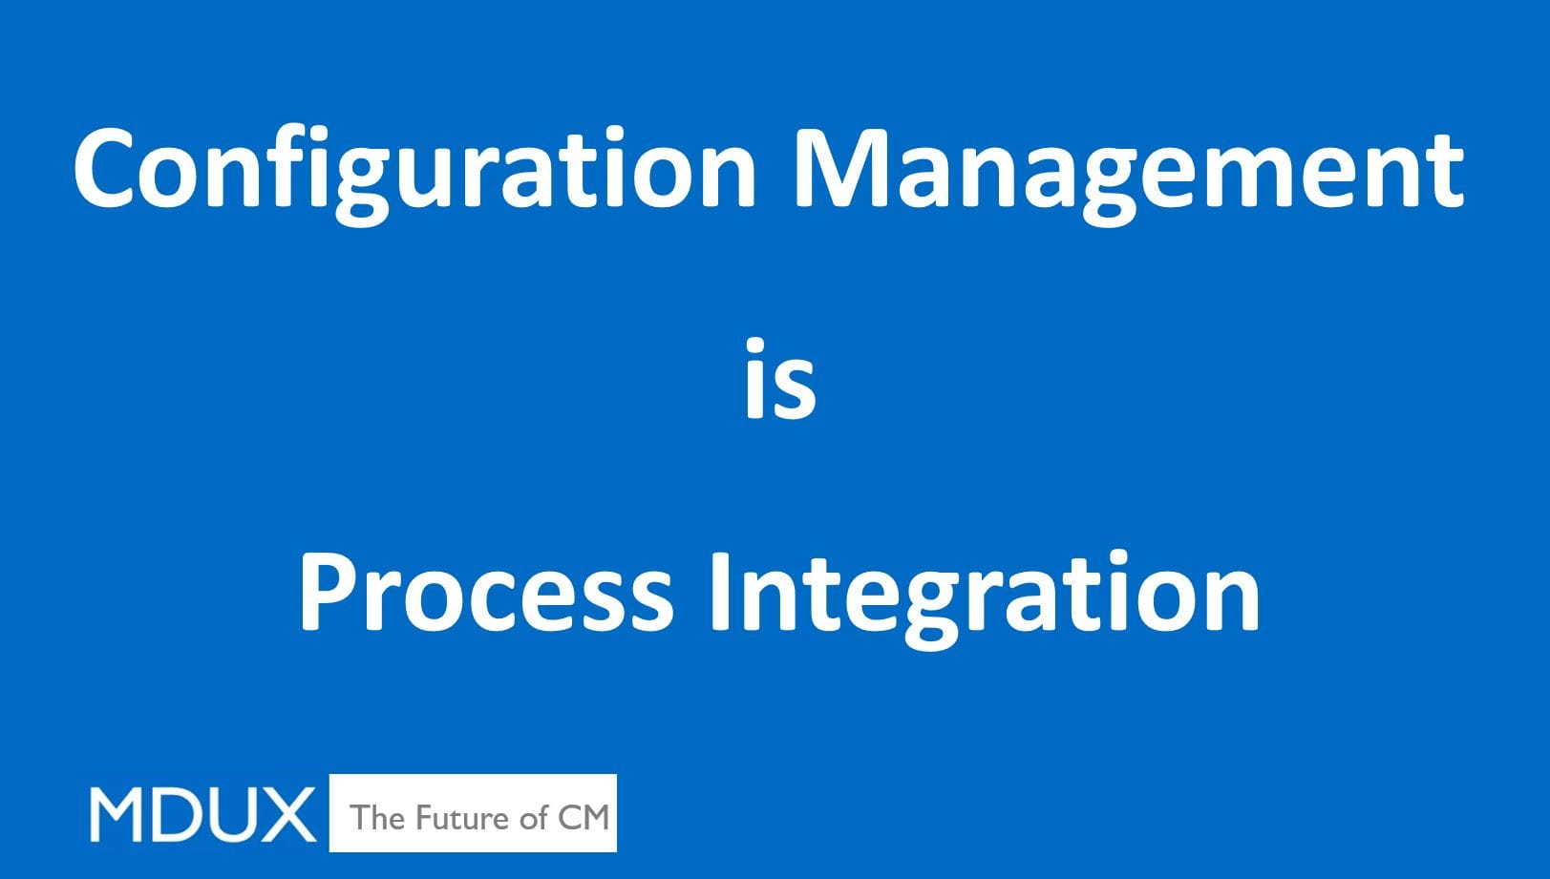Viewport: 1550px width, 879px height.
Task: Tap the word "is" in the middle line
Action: click(780, 382)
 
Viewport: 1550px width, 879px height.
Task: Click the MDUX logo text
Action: click(202, 815)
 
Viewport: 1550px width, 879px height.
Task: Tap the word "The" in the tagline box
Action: click(377, 817)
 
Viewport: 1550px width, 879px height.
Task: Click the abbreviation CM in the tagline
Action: click(583, 817)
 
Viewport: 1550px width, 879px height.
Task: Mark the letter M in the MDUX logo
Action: click(117, 815)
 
